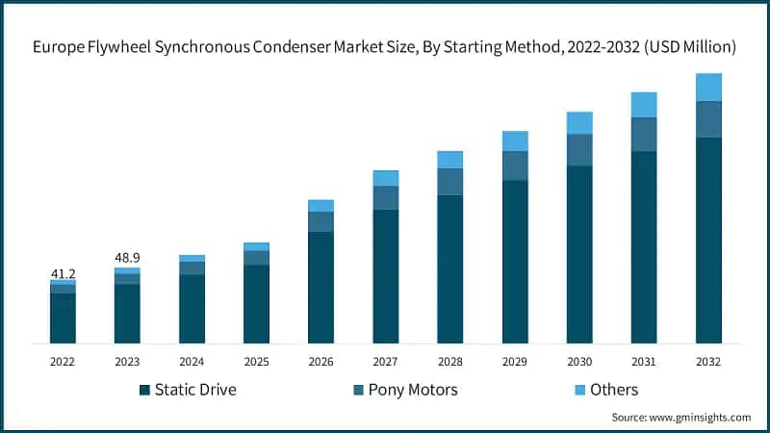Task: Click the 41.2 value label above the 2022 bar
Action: [63, 274]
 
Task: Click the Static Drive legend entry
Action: [188, 390]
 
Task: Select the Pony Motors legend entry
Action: [405, 390]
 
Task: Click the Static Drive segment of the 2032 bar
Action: [708, 241]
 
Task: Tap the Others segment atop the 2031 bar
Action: [644, 105]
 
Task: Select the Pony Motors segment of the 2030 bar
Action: [579, 150]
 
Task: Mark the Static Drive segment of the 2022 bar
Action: [63, 318]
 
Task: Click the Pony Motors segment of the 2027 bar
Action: [385, 197]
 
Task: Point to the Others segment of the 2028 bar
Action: [449, 160]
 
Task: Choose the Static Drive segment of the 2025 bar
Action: [256, 304]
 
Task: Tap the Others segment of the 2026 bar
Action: [321, 206]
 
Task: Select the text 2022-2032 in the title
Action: [595, 46]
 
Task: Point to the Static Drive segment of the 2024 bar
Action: [192, 309]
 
